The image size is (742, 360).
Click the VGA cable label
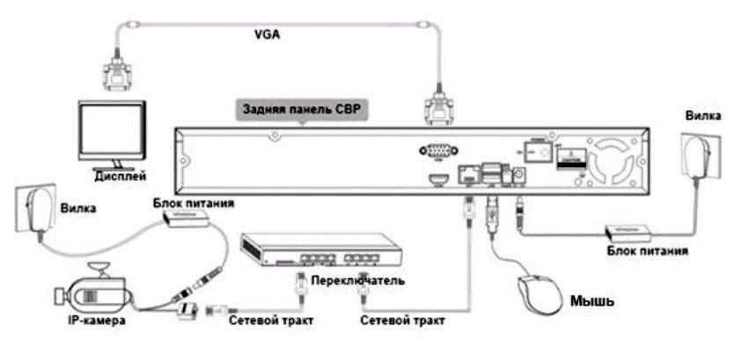[266, 37]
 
